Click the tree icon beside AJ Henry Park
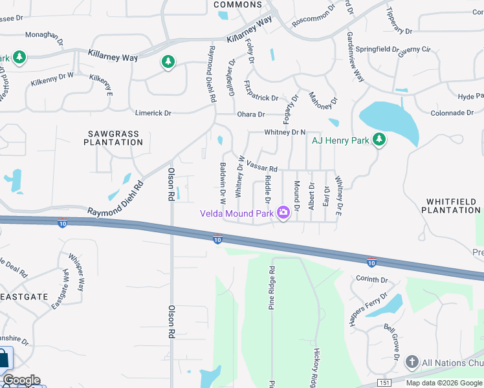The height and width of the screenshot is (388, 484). [379, 140]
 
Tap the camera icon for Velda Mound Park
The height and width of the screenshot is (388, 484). [283, 212]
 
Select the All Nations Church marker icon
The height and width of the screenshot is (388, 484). [412, 363]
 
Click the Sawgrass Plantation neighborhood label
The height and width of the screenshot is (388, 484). [113, 138]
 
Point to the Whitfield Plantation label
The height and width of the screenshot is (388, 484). [451, 206]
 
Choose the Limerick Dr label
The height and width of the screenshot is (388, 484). [153, 113]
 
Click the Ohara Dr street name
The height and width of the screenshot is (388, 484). [251, 114]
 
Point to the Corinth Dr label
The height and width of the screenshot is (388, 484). [371, 280]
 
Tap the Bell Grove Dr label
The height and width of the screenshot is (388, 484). [391, 341]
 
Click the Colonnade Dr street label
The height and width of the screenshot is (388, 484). [452, 113]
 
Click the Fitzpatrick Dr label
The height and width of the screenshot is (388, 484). [261, 91]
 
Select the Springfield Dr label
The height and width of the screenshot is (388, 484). [380, 48]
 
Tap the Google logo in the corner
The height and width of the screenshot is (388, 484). [21, 380]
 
